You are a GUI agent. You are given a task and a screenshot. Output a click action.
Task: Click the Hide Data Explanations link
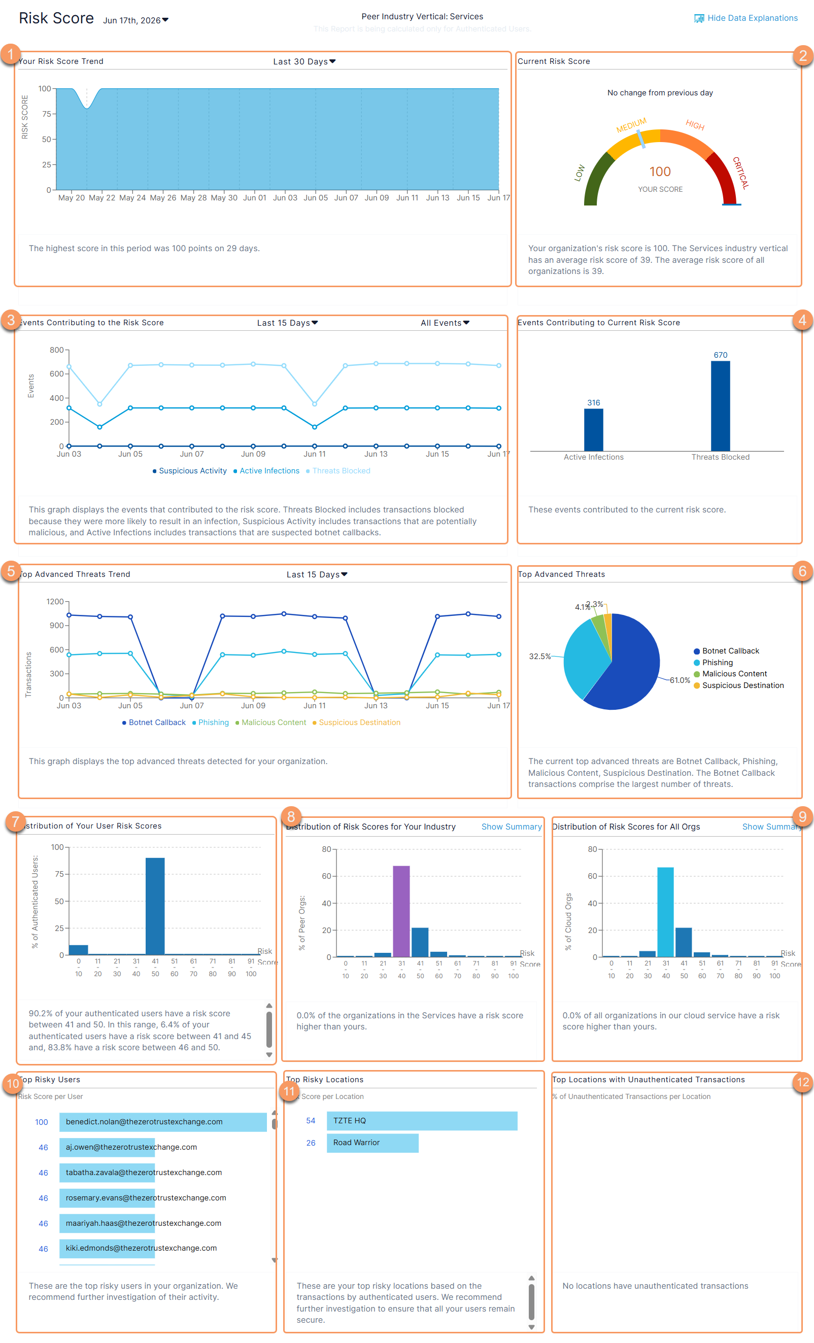point(745,18)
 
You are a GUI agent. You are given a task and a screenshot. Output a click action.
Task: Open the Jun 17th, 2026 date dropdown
point(136,20)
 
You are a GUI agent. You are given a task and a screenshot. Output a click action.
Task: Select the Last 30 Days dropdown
point(304,61)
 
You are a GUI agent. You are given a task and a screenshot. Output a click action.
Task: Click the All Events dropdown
point(445,323)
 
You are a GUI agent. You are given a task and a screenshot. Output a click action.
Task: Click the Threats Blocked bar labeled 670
point(720,405)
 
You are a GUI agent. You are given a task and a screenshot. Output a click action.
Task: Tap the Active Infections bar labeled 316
point(593,430)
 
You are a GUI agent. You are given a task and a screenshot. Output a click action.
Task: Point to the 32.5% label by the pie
point(540,656)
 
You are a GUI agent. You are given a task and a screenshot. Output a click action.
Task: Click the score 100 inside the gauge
point(660,171)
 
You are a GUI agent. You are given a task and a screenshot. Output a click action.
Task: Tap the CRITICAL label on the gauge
point(740,173)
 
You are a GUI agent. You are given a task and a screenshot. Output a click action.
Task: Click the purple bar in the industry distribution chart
point(401,911)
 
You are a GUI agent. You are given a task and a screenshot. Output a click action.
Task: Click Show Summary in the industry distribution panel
point(512,827)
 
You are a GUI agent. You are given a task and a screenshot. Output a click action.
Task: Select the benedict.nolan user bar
point(163,1122)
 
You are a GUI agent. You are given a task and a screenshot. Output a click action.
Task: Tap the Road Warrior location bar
point(372,1143)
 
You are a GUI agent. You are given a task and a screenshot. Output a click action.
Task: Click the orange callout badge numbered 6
point(802,571)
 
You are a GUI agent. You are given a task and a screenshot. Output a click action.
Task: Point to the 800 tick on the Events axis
point(57,350)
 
